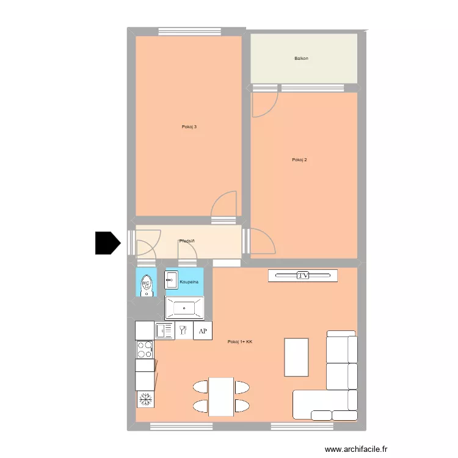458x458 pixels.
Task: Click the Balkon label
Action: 301,59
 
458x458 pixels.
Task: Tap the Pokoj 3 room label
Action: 189,127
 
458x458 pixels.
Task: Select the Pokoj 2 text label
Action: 299,160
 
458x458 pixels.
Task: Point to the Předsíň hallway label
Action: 187,241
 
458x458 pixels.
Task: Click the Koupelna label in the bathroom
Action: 189,282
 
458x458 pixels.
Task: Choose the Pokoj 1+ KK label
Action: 239,342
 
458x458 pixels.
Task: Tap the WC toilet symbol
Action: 146,284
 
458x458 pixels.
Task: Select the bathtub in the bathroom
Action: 184,308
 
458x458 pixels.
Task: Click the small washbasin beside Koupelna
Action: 171,282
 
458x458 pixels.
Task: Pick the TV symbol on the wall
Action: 303,275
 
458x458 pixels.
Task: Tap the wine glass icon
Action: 183,330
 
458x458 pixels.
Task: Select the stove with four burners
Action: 145,349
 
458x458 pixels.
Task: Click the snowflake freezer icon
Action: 145,399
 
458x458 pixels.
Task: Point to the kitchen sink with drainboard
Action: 165,330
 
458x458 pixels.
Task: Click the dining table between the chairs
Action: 221,396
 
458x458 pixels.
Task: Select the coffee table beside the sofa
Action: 297,357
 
